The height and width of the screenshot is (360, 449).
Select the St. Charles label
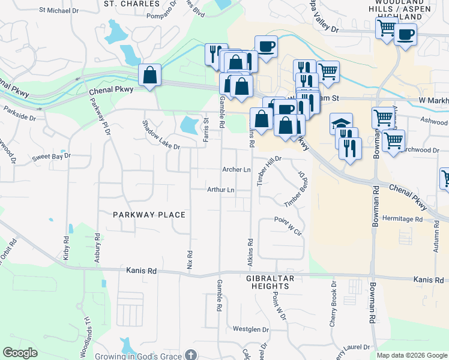coord(131,4)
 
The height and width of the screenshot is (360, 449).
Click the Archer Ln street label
coord(237,170)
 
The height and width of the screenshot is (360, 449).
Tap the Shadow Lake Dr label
coord(160,134)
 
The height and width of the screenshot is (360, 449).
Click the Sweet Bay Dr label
coord(51,156)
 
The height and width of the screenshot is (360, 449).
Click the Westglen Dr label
coord(250,329)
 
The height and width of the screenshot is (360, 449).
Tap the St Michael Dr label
coord(58,10)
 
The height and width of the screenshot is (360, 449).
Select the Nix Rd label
coord(190,259)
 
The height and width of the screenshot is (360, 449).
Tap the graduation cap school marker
coord(342,124)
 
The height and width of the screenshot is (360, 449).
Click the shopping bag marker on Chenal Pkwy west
coord(149,75)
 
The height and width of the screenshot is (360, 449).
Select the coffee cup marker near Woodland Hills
coord(405,34)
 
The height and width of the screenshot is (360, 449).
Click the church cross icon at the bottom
coord(190,355)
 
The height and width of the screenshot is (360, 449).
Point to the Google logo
coord(20,353)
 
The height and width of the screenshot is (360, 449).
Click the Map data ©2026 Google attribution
coord(411,355)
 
